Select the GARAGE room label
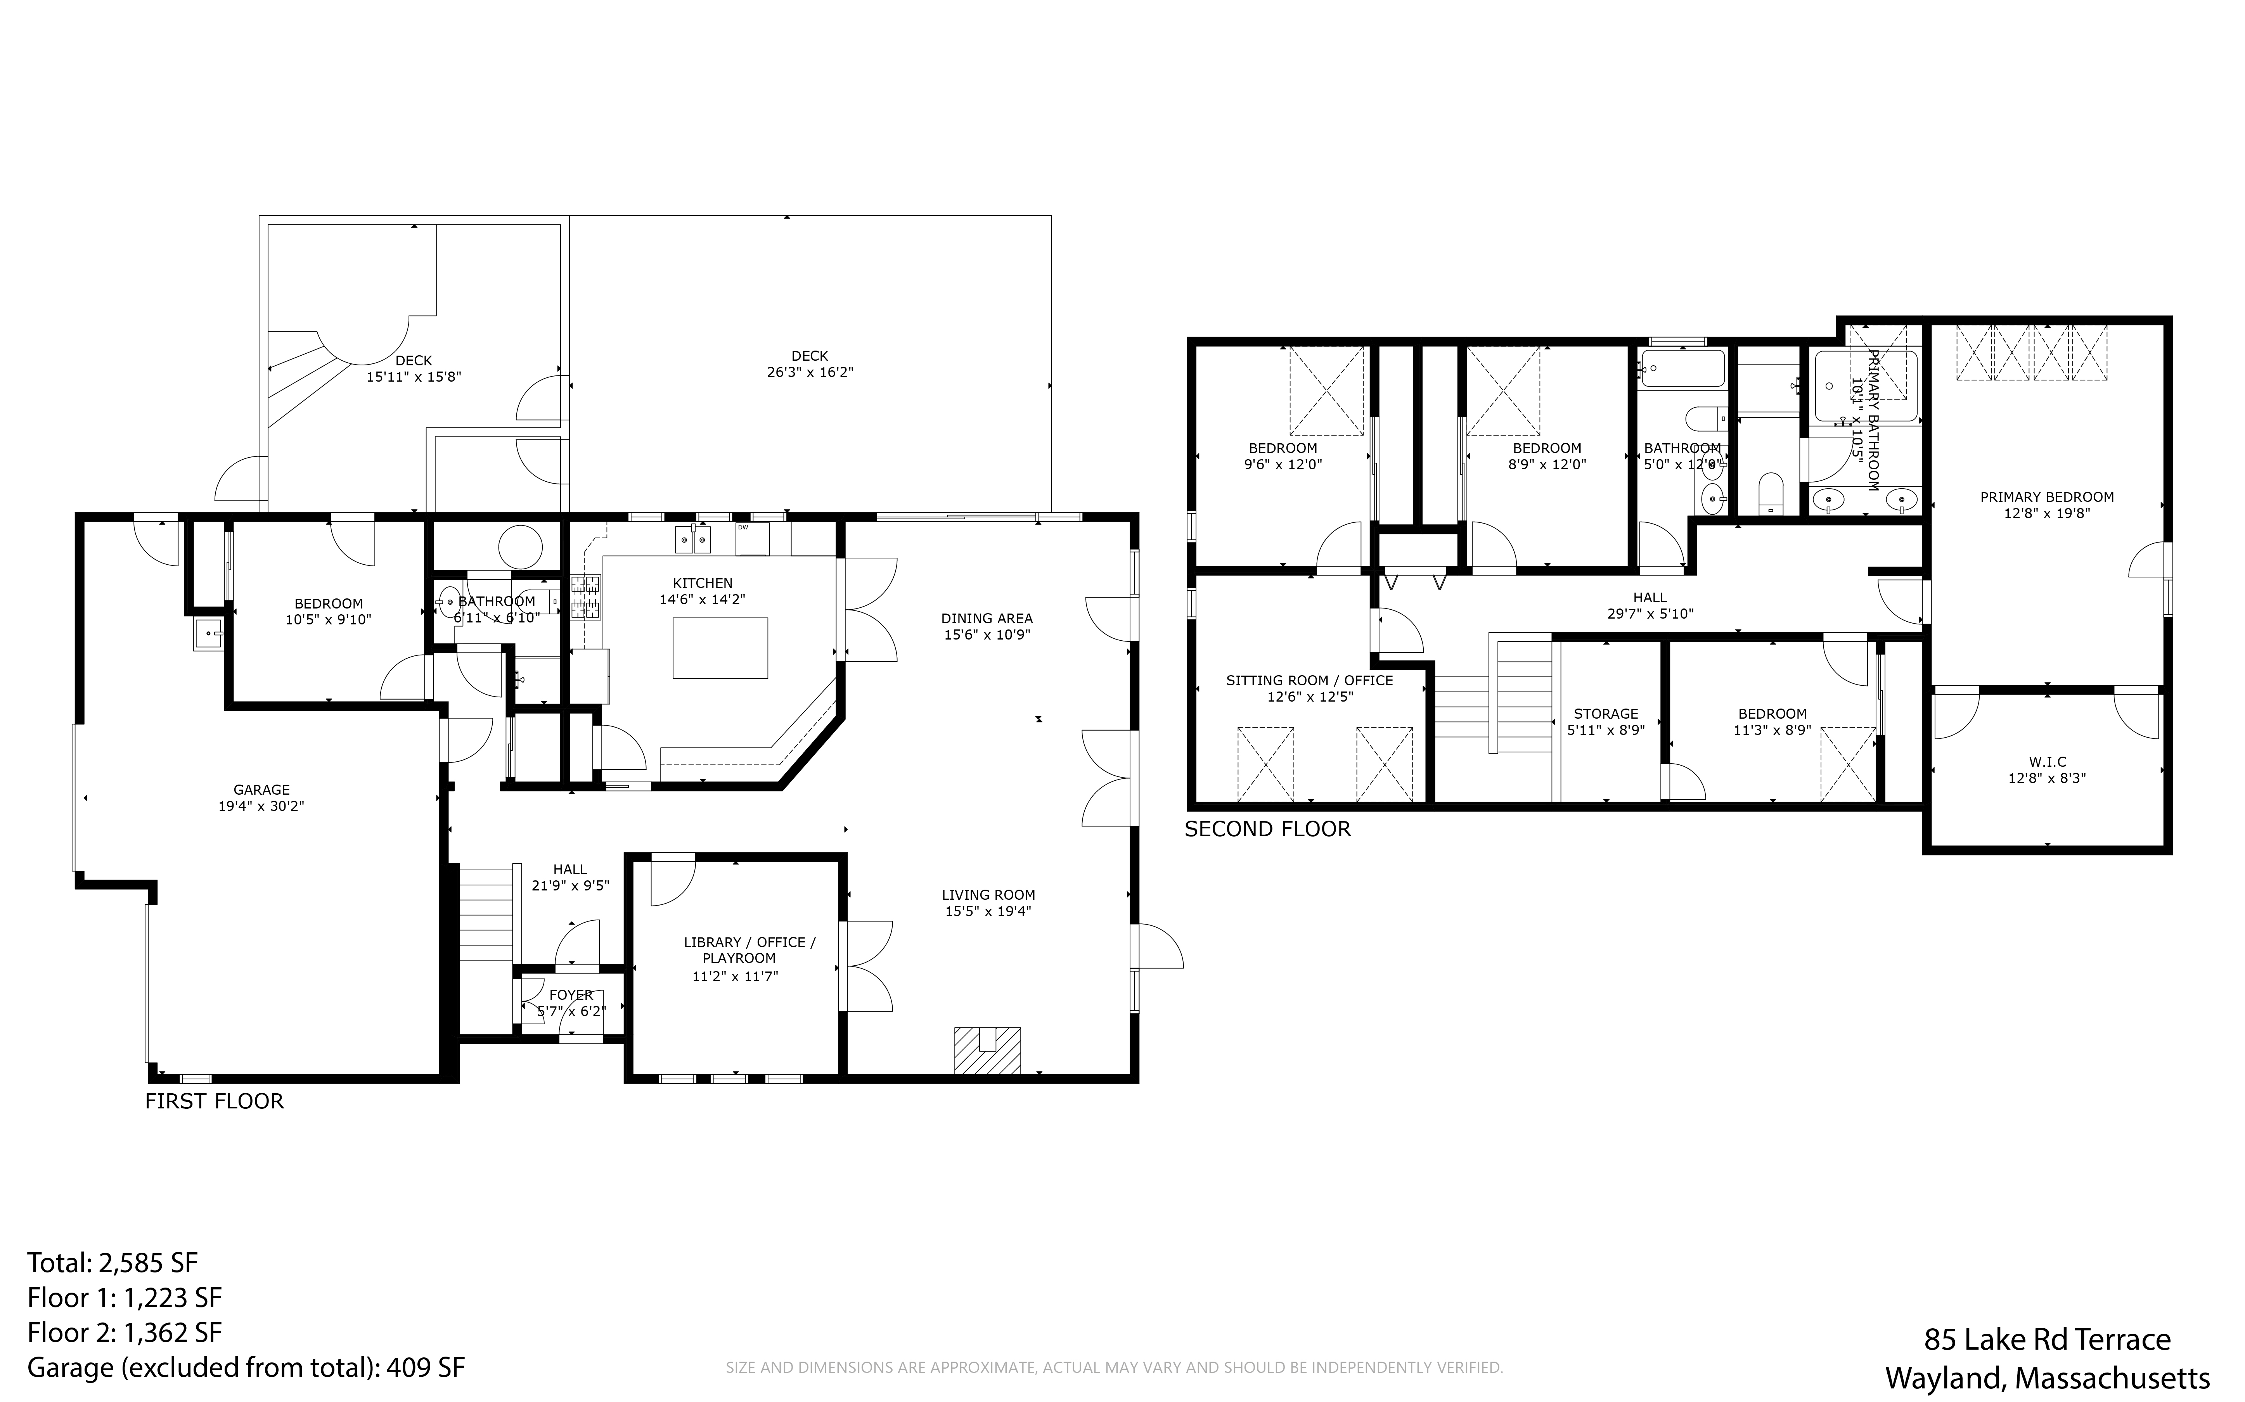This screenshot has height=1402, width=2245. [261, 790]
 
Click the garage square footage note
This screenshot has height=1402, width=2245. [246, 1368]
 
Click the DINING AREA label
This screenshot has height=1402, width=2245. [987, 619]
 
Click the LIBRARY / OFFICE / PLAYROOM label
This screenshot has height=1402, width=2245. [749, 951]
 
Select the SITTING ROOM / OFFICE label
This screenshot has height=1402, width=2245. [1309, 681]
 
